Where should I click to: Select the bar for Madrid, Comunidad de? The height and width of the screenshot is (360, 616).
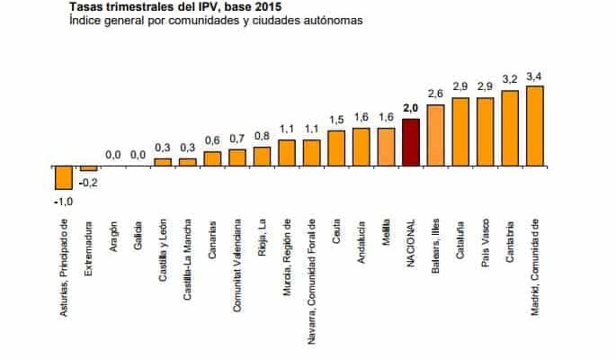[535, 126]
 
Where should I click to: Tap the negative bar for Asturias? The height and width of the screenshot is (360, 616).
[63, 178]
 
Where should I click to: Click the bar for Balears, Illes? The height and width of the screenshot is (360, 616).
[436, 135]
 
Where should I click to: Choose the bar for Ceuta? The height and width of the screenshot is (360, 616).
[336, 148]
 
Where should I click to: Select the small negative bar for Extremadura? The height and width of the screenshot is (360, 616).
[88, 168]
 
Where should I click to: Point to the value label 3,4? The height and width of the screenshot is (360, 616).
[534, 77]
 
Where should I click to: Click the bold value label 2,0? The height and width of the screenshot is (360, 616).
[411, 109]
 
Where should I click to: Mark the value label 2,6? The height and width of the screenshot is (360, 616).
[436, 94]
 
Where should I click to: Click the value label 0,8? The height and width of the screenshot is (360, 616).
[262, 137]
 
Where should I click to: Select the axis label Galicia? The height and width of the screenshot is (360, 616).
[138, 233]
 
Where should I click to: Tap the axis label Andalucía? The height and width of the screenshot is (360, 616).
[362, 240]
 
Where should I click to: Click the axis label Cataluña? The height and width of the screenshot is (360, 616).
[460, 238]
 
